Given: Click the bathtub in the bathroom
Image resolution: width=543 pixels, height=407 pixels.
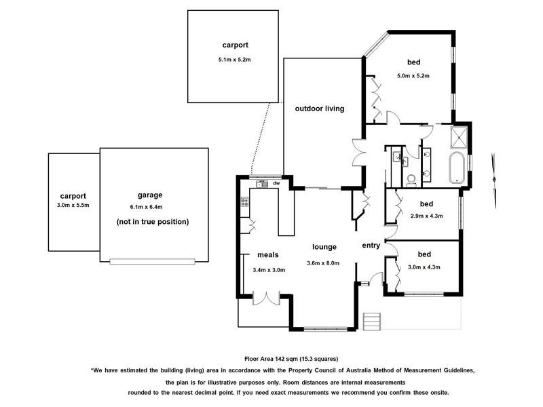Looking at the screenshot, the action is click(457, 168).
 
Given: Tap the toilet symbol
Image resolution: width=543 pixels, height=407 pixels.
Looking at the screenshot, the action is click(411, 180).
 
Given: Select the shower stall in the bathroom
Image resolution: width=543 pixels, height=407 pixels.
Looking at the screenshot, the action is click(459, 137).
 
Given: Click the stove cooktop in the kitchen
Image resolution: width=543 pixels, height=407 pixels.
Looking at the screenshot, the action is click(245, 201).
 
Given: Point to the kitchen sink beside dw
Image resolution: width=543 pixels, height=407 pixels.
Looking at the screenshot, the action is click(262, 184).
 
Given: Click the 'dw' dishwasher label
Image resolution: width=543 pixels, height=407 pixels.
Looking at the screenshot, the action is click(276, 183).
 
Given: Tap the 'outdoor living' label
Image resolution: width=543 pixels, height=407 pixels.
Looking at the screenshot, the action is click(320, 109).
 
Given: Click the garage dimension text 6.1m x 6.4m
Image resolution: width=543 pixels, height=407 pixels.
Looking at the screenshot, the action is click(146, 207).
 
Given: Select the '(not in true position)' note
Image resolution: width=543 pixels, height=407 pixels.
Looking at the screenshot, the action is click(153, 222).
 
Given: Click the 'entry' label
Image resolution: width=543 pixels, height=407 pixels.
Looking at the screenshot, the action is click(371, 246).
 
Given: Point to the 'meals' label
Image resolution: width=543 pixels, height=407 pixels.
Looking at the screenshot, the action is click(267, 255).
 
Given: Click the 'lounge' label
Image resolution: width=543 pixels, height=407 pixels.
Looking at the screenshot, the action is click(324, 247).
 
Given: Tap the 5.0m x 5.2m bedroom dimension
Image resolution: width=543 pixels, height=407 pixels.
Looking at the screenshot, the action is click(413, 75).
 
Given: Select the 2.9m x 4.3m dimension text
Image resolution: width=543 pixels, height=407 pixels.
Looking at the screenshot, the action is click(427, 216).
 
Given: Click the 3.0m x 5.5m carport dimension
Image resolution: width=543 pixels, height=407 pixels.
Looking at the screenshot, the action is click(73, 206).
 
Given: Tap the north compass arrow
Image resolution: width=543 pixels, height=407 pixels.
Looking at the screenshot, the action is click(495, 180).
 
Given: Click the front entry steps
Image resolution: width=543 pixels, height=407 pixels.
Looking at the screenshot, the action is click(371, 322).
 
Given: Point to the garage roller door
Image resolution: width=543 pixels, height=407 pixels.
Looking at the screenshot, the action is click(152, 262).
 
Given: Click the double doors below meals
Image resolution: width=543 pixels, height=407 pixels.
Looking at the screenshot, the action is click(266, 298).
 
